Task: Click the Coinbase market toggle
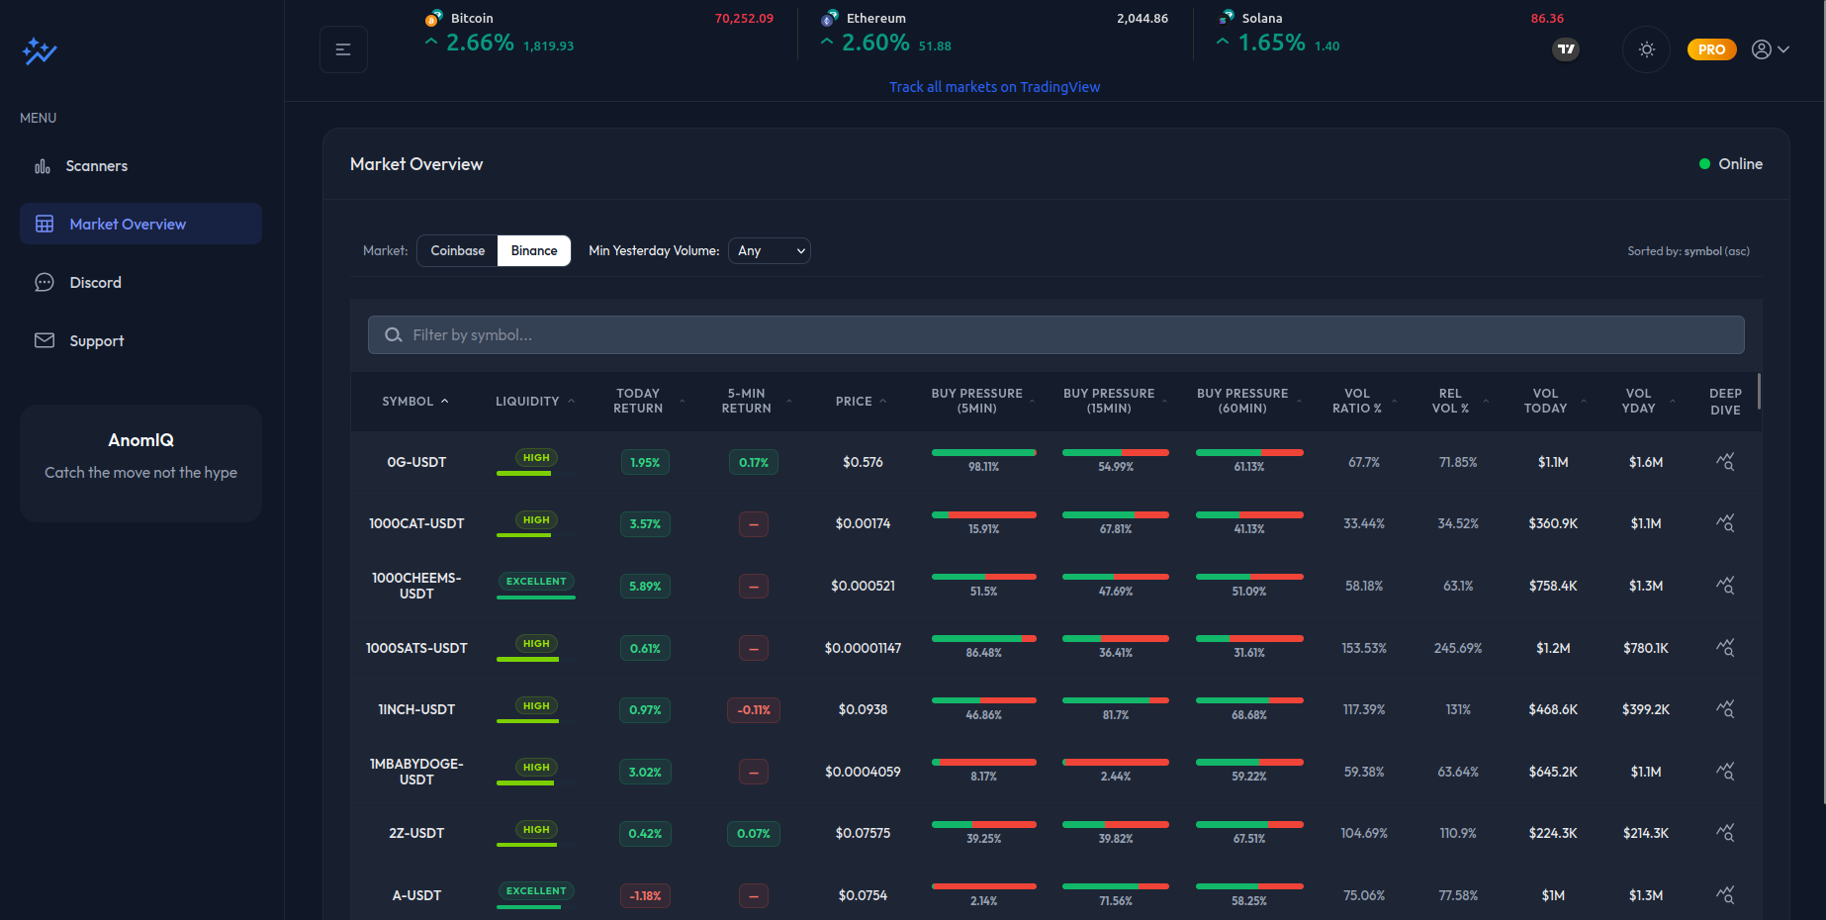pyautogui.click(x=457, y=251)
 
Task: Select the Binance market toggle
pyautogui.click(x=534, y=251)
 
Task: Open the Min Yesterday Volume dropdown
pyautogui.click(x=769, y=251)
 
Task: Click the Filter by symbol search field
pyautogui.click(x=1055, y=335)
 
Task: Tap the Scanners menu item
pyautogui.click(x=96, y=166)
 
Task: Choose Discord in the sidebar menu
pyautogui.click(x=95, y=283)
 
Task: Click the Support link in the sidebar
pyautogui.click(x=96, y=341)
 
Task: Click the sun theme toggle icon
pyautogui.click(x=1646, y=49)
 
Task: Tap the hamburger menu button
pyautogui.click(x=343, y=49)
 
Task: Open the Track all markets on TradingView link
pyautogui.click(x=994, y=87)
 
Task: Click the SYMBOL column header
pyautogui.click(x=408, y=402)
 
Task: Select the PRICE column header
pyautogui.click(x=854, y=402)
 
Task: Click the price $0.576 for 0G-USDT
pyautogui.click(x=863, y=462)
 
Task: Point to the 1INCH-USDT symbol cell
pyautogui.click(x=416, y=709)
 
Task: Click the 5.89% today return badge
pyautogui.click(x=645, y=587)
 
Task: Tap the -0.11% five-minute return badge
pyautogui.click(x=754, y=710)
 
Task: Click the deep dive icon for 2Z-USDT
pyautogui.click(x=1725, y=833)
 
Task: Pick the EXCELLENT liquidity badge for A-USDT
pyautogui.click(x=536, y=891)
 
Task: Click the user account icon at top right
pyautogui.click(x=1762, y=49)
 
